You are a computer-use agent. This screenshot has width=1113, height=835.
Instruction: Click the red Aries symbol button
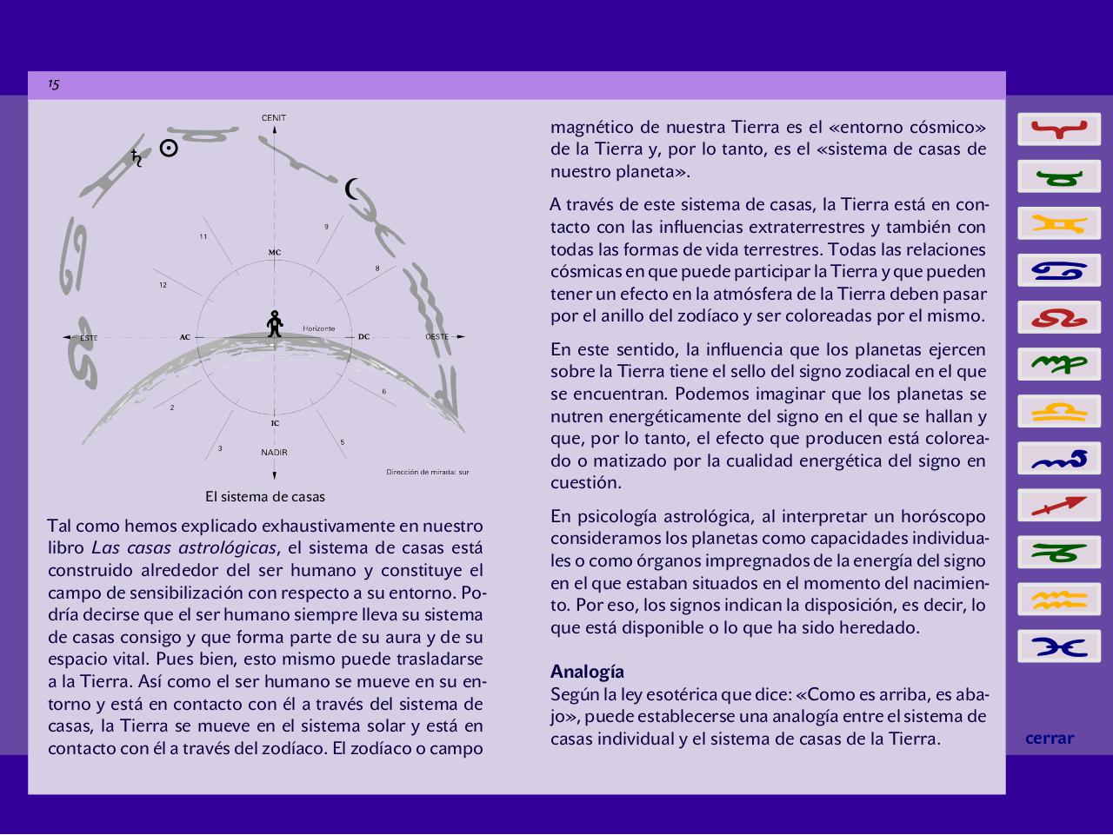[1059, 130]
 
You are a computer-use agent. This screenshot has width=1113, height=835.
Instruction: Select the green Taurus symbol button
[1059, 177]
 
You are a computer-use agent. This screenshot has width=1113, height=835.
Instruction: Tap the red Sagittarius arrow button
[1059, 506]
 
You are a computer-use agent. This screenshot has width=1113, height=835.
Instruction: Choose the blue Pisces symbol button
[1059, 646]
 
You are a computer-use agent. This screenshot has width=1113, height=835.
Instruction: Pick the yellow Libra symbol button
[1059, 412]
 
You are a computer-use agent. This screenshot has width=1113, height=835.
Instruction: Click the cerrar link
[1050, 739]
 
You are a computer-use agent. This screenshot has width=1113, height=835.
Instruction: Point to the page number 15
[54, 84]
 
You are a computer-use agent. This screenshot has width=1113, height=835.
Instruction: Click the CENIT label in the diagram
[274, 118]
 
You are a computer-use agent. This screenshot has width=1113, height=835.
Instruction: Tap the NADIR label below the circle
[274, 453]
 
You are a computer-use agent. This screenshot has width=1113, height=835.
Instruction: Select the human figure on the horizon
[275, 323]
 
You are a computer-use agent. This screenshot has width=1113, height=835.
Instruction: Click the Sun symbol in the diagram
[170, 149]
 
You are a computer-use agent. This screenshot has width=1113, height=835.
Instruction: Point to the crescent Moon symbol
[352, 189]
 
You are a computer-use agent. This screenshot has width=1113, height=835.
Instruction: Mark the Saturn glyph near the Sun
[137, 158]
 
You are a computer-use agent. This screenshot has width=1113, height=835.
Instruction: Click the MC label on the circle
[275, 253]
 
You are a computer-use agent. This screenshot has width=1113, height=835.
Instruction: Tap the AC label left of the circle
[185, 337]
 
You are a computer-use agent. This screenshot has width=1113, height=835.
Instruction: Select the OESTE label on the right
[437, 337]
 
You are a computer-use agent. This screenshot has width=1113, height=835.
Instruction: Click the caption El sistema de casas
[265, 497]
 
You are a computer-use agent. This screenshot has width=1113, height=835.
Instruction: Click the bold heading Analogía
[587, 672]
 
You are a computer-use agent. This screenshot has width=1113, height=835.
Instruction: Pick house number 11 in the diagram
[203, 236]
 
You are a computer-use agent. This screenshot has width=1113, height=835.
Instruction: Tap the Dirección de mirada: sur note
[428, 473]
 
